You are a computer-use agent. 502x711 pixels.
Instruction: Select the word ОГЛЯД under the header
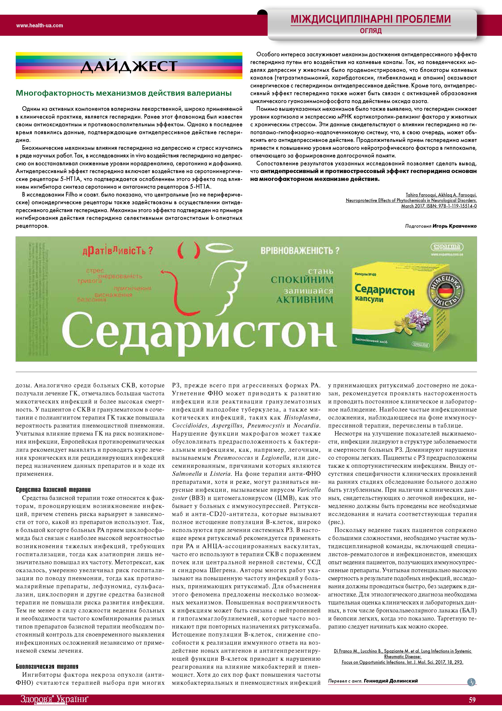point(371,31)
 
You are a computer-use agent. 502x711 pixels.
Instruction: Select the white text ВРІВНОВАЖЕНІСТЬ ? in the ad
point(300,250)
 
